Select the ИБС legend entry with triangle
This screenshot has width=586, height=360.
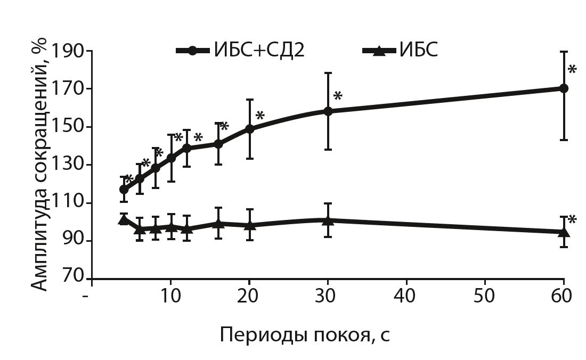tap(400, 51)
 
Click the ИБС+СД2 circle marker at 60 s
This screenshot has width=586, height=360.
tap(564, 88)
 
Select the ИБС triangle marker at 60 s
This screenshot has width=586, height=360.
tap(564, 232)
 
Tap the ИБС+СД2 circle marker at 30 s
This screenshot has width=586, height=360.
tap(328, 111)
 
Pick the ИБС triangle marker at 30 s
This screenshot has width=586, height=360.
tap(328, 219)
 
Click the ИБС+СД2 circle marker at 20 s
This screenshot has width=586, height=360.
tap(249, 129)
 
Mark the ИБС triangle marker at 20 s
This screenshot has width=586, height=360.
tap(249, 225)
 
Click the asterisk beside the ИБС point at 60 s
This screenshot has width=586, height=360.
tap(572, 220)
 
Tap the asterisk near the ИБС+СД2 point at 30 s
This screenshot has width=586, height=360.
tap(338, 97)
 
